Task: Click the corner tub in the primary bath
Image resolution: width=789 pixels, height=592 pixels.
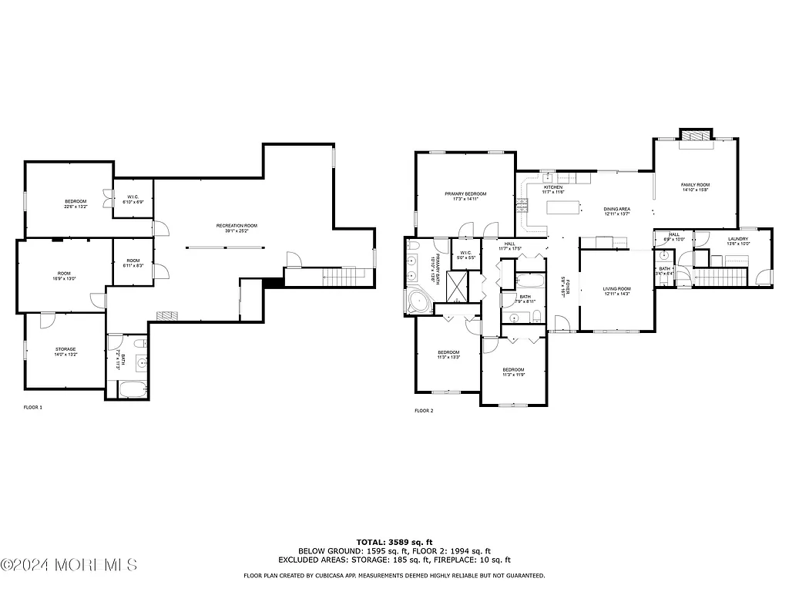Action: coord(418,300)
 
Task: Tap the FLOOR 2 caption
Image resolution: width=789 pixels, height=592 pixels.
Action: coord(424,411)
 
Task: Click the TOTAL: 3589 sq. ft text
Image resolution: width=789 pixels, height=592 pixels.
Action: coord(394,541)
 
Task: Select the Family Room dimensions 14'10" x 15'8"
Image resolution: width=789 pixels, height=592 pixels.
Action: coord(694,190)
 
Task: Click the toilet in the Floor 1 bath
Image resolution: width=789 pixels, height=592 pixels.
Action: coord(139,344)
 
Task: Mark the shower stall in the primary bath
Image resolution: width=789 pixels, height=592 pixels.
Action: coord(458,288)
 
